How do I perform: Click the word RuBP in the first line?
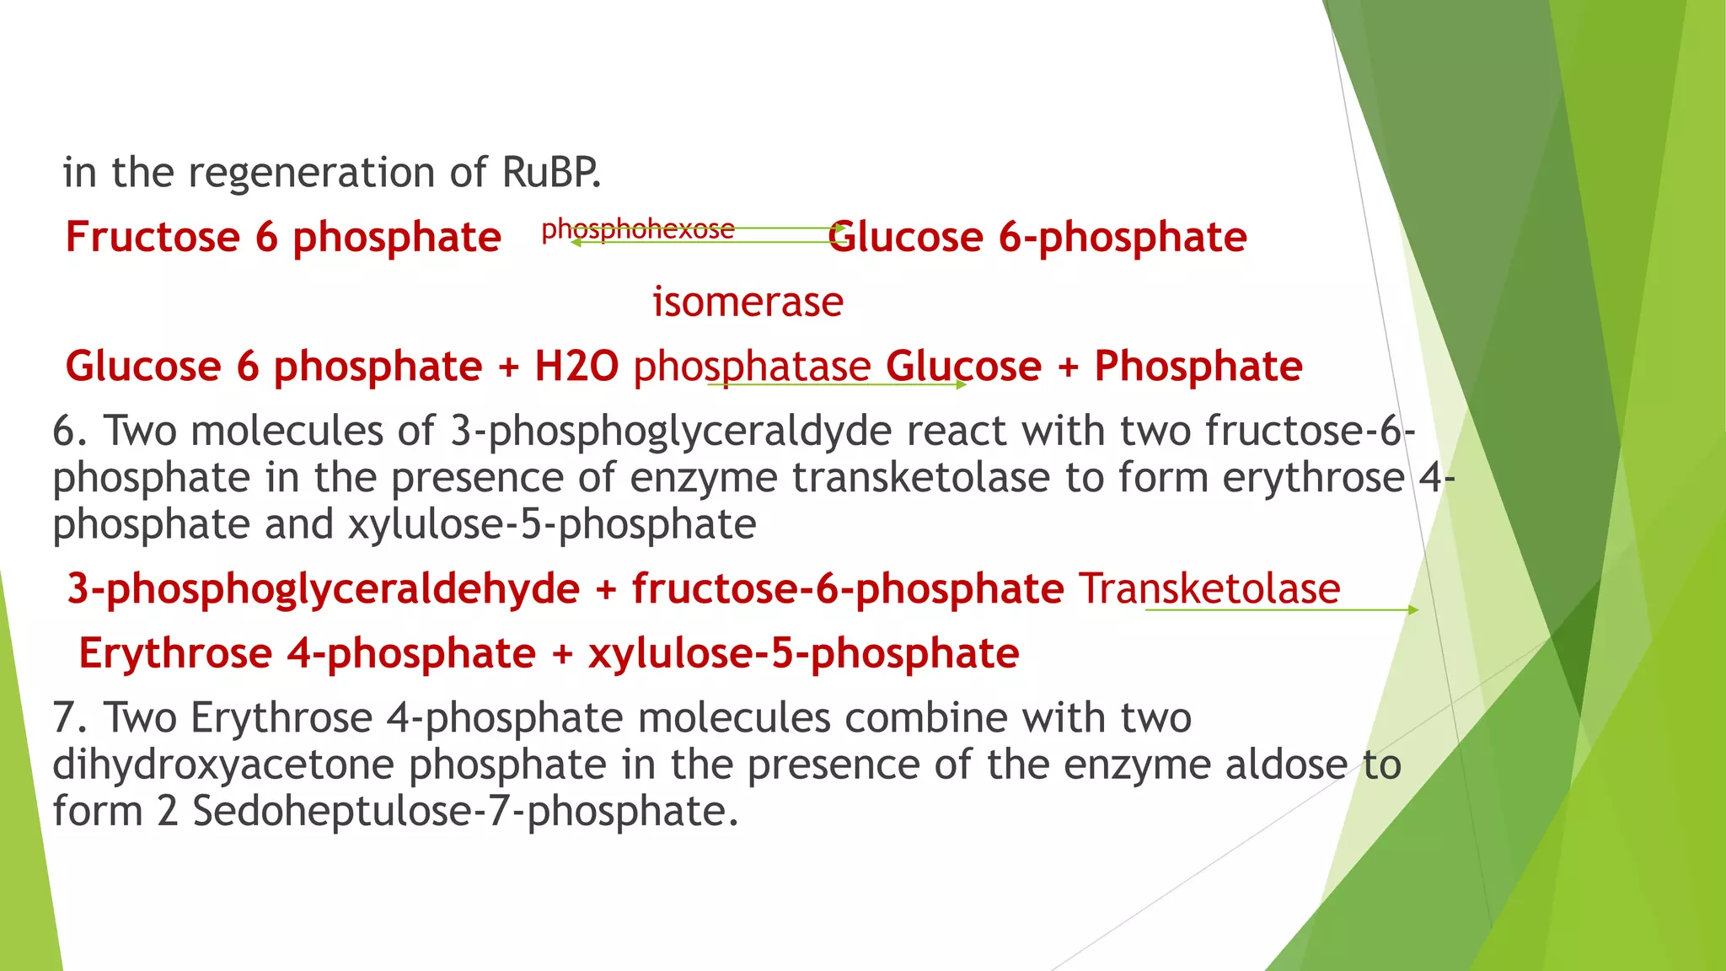click(x=551, y=173)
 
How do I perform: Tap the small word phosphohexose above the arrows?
click(x=638, y=229)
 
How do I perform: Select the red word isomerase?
click(x=748, y=302)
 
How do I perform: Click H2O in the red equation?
click(x=576, y=367)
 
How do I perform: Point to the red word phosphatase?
click(x=752, y=367)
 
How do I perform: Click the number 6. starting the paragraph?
click(x=71, y=432)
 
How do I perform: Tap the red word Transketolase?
click(x=1209, y=588)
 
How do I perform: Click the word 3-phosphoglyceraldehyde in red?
click(x=324, y=588)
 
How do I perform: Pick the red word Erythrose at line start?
click(x=175, y=653)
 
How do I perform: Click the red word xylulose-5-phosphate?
click(x=804, y=653)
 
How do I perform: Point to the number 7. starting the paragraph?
click(x=71, y=718)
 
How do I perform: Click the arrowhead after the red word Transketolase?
click(x=1413, y=609)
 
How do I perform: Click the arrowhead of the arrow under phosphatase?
click(x=962, y=385)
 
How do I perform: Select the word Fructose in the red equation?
click(x=153, y=237)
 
